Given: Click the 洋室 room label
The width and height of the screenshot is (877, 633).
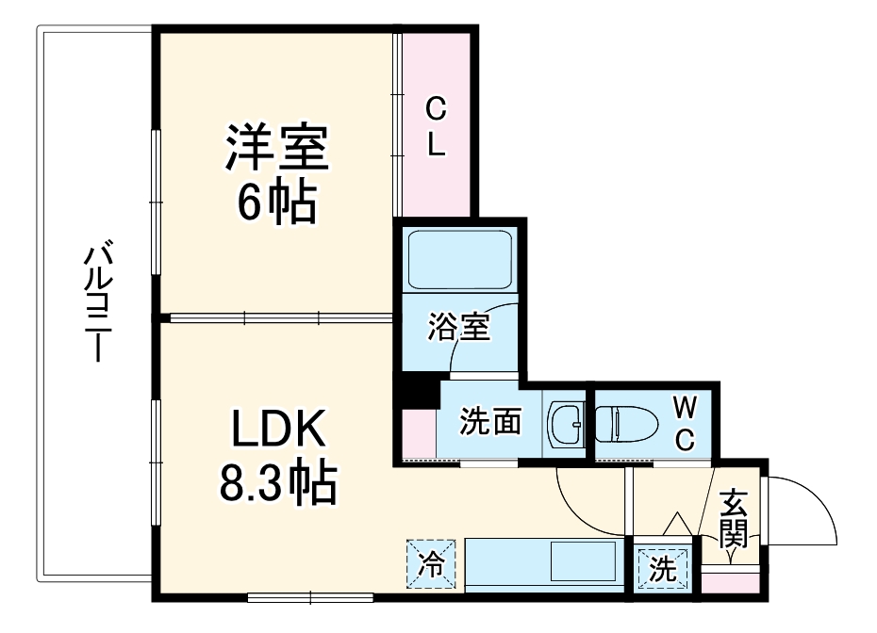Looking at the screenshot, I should click(x=275, y=150).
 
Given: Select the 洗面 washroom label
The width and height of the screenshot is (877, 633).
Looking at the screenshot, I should click(x=490, y=421).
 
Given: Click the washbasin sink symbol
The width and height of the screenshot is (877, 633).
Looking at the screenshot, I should click(x=568, y=423).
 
